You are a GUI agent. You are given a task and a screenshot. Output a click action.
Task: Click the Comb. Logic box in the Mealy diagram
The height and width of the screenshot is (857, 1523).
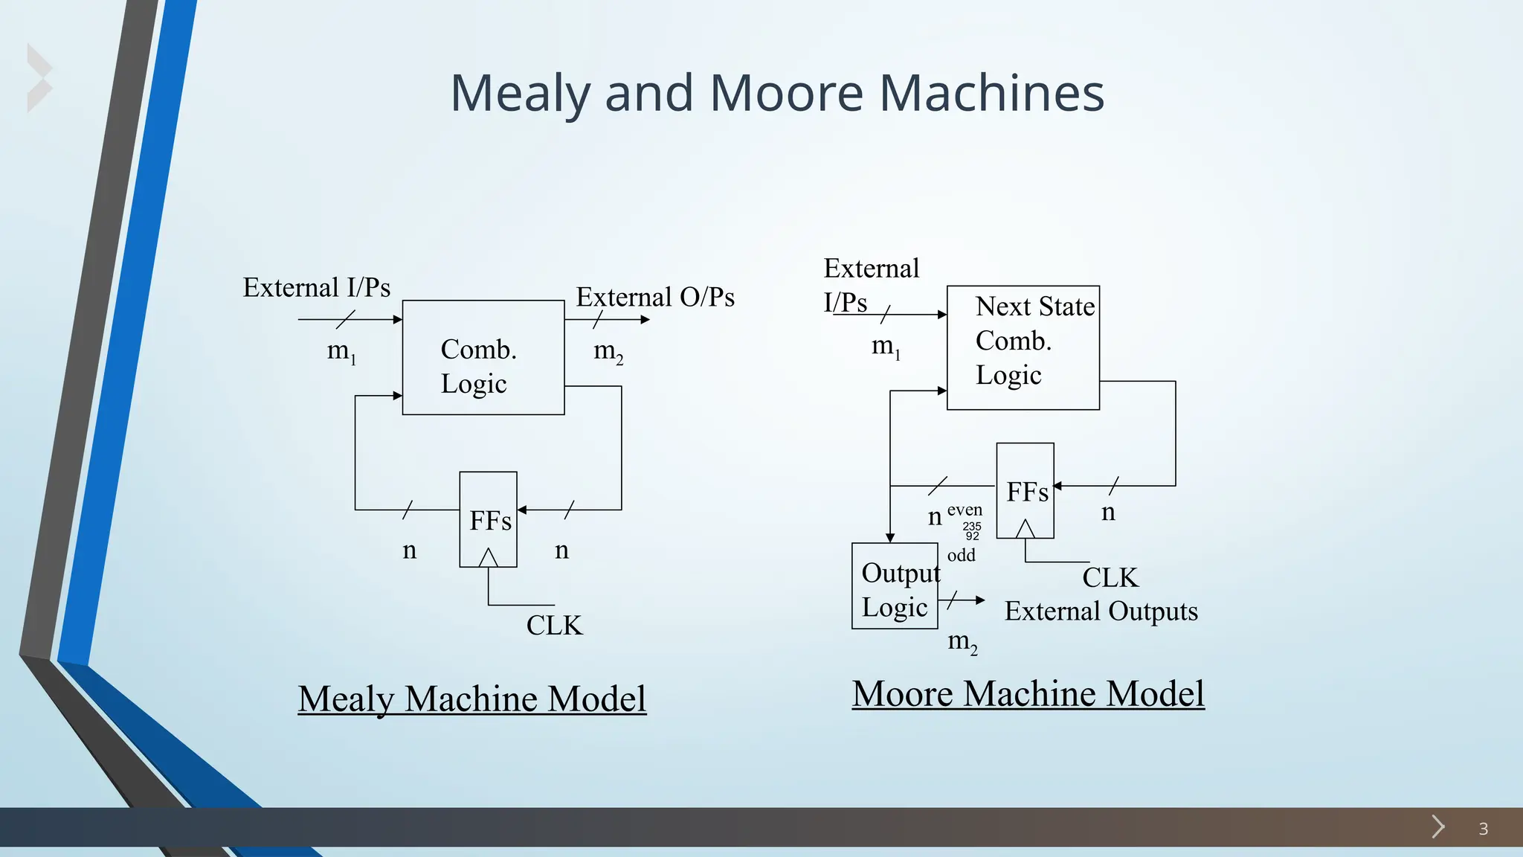tap(483, 358)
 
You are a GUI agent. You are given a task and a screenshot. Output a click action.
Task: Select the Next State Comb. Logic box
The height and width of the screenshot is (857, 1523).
tap(1023, 347)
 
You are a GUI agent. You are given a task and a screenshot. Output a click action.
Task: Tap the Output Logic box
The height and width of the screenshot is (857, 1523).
tap(895, 586)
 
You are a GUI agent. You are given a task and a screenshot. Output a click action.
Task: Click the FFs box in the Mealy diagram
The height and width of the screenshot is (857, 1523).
tap(488, 519)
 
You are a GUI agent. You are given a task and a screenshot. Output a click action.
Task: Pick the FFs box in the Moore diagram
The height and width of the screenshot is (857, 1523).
tap(1025, 490)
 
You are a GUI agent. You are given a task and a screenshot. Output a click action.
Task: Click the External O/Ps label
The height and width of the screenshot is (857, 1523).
tap(655, 297)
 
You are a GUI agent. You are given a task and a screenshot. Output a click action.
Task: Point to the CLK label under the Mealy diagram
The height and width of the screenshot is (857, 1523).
tap(554, 626)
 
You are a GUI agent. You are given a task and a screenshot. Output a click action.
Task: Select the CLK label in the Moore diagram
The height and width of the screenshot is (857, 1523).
tap(1110, 577)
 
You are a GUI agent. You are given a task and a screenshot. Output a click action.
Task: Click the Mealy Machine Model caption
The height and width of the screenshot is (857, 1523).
tap(472, 699)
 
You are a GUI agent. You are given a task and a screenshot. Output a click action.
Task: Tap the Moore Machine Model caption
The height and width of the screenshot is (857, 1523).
tap(1028, 693)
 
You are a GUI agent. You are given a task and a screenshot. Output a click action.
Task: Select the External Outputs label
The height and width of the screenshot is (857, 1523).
tap(1101, 612)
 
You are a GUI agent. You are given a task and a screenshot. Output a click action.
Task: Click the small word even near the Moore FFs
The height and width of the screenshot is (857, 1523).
tap(965, 510)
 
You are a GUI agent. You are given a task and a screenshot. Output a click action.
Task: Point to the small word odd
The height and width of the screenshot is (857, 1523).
tap(961, 555)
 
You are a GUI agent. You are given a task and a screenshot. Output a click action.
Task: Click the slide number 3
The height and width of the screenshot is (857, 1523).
tap(1483, 829)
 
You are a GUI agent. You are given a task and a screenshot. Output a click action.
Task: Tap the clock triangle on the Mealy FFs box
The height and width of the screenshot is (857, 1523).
tap(488, 558)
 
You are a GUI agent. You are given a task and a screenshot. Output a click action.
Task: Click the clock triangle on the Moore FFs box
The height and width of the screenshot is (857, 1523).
tap(1025, 529)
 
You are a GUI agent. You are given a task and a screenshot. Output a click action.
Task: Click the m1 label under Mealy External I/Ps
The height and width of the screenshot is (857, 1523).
tap(341, 351)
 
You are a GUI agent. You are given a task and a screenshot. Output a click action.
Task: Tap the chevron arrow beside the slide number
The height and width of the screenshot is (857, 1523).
tap(1438, 826)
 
